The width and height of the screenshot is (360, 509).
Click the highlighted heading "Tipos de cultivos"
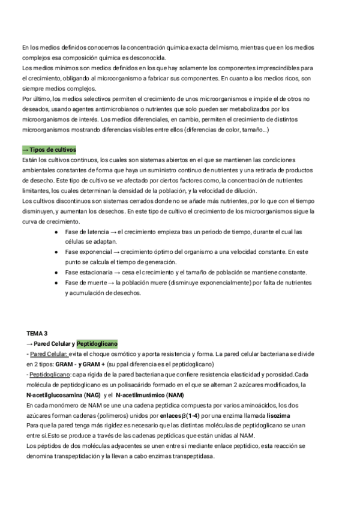click(x=51, y=149)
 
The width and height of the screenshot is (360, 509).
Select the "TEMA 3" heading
click(x=37, y=333)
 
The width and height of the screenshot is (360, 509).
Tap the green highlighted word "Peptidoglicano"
click(x=97, y=343)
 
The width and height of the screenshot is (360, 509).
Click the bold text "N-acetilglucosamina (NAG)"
click(x=60, y=395)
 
